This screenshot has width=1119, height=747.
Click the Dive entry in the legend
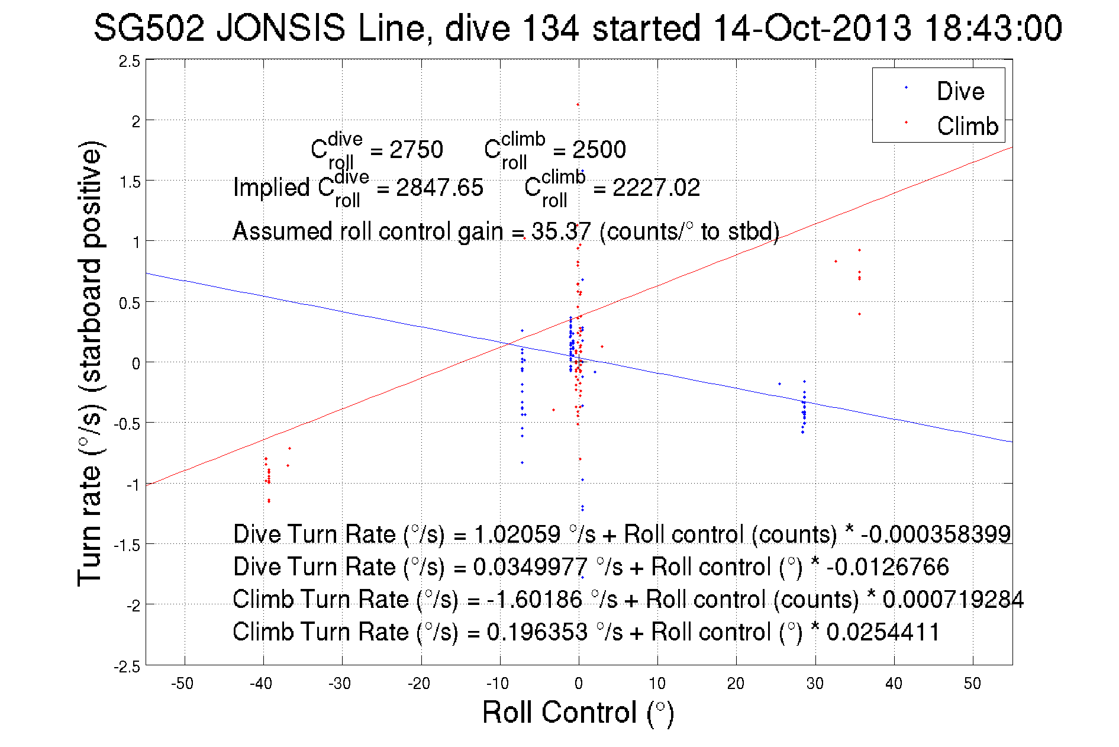tap(960, 91)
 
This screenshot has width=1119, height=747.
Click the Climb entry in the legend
tap(967, 126)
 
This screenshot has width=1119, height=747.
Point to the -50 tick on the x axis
tap(182, 684)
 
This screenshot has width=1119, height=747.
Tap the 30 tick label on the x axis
tap(815, 684)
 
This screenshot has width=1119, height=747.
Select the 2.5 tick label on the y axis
tap(130, 62)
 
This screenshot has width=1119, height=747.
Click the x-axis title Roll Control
tap(578, 712)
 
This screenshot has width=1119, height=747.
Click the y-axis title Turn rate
tap(90, 363)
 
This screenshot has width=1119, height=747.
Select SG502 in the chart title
tap(149, 28)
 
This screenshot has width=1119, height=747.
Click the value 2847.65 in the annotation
tap(439, 188)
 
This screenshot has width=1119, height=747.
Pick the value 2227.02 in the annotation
tap(656, 188)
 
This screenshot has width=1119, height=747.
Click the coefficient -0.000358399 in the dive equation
tap(936, 535)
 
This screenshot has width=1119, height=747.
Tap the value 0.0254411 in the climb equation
tap(883, 632)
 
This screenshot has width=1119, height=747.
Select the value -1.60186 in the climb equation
tap(534, 600)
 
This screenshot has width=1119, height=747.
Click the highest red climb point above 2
tap(578, 105)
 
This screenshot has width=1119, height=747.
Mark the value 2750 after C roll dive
tap(416, 150)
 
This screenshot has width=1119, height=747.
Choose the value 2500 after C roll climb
tap(599, 150)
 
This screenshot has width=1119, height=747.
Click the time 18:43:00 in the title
tap(993, 28)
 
